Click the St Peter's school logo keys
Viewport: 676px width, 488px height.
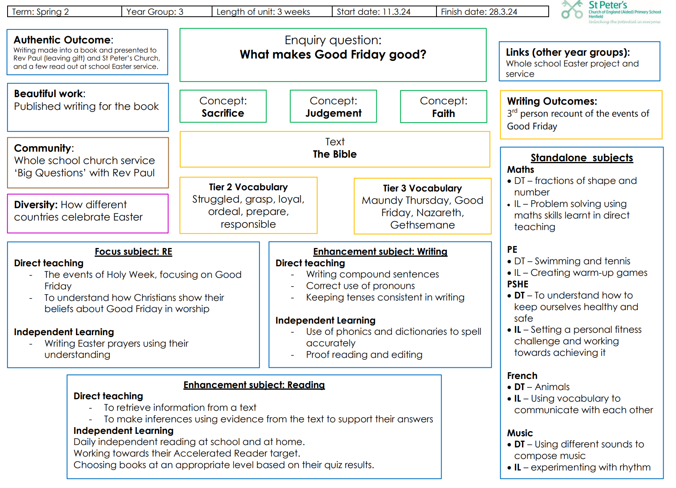[572, 10]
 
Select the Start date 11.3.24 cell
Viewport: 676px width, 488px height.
[384, 12]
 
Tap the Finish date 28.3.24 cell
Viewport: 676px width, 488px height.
[492, 12]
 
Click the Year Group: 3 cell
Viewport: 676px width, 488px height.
[167, 12]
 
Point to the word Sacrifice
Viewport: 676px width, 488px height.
[223, 113]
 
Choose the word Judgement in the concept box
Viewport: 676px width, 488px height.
[333, 113]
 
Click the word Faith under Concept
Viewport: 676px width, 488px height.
[443, 113]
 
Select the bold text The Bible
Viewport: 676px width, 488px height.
[335, 154]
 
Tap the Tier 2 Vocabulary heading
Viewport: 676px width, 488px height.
[248, 187]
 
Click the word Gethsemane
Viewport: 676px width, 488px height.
[422, 225]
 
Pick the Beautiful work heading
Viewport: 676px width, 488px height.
[49, 94]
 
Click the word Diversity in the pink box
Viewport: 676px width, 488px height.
[36, 205]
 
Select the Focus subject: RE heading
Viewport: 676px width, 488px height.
[133, 252]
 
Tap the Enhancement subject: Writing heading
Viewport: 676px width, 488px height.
[380, 252]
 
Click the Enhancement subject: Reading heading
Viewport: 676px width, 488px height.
[254, 385]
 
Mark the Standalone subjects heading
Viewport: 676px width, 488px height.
[582, 158]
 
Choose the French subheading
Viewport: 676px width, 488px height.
[522, 376]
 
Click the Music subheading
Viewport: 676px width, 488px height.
[520, 433]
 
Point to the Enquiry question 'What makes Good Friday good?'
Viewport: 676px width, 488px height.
[333, 55]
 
